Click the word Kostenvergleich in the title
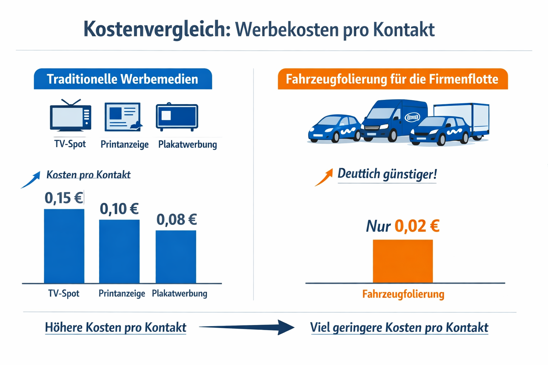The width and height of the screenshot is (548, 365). [157, 29]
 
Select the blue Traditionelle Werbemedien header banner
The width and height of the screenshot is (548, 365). [123, 79]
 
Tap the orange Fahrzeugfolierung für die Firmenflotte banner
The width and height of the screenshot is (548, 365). [392, 79]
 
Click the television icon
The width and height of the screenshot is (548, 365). [70, 117]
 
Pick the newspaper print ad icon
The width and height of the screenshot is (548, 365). [123, 117]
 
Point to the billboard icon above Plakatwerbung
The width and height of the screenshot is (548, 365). [177, 117]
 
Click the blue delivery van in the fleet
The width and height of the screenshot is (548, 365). [392, 119]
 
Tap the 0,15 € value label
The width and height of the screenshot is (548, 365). [64, 198]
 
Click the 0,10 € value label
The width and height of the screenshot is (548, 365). [119, 209]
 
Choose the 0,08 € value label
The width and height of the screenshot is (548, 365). [177, 220]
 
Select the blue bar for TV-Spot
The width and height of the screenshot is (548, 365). [64, 246]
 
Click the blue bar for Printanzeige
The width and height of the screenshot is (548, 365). [119, 251]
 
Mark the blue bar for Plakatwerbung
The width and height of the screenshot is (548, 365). [176, 257]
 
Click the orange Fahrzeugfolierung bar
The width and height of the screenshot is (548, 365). [403, 261]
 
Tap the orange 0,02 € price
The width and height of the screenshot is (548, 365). [417, 226]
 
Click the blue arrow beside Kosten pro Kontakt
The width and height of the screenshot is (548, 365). [31, 180]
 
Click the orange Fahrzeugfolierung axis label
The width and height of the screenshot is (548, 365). [403, 294]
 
